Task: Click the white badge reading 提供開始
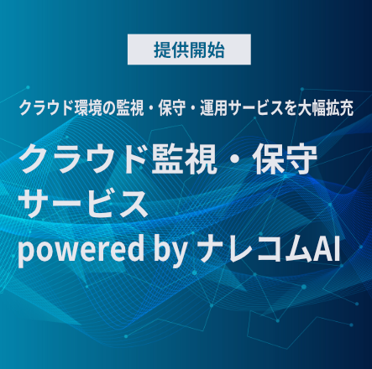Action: pyautogui.click(x=189, y=49)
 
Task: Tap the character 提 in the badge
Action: pyautogui.click(x=162, y=50)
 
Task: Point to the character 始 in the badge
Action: pyautogui.click(x=216, y=50)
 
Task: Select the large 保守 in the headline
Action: pyautogui.click(x=285, y=159)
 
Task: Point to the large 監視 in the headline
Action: pyautogui.click(x=184, y=159)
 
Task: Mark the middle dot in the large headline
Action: pyautogui.click(x=234, y=159)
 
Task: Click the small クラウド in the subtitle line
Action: pyautogui.click(x=46, y=108)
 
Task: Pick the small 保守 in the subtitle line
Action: pyautogui.click(x=172, y=108)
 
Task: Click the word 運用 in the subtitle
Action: pyautogui.click(x=213, y=108)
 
